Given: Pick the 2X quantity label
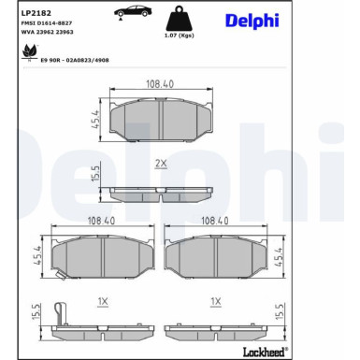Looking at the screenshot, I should click(160, 164).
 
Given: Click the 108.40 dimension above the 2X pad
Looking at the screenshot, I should click(161, 83).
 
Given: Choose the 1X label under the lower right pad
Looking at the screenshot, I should click(215, 301).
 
